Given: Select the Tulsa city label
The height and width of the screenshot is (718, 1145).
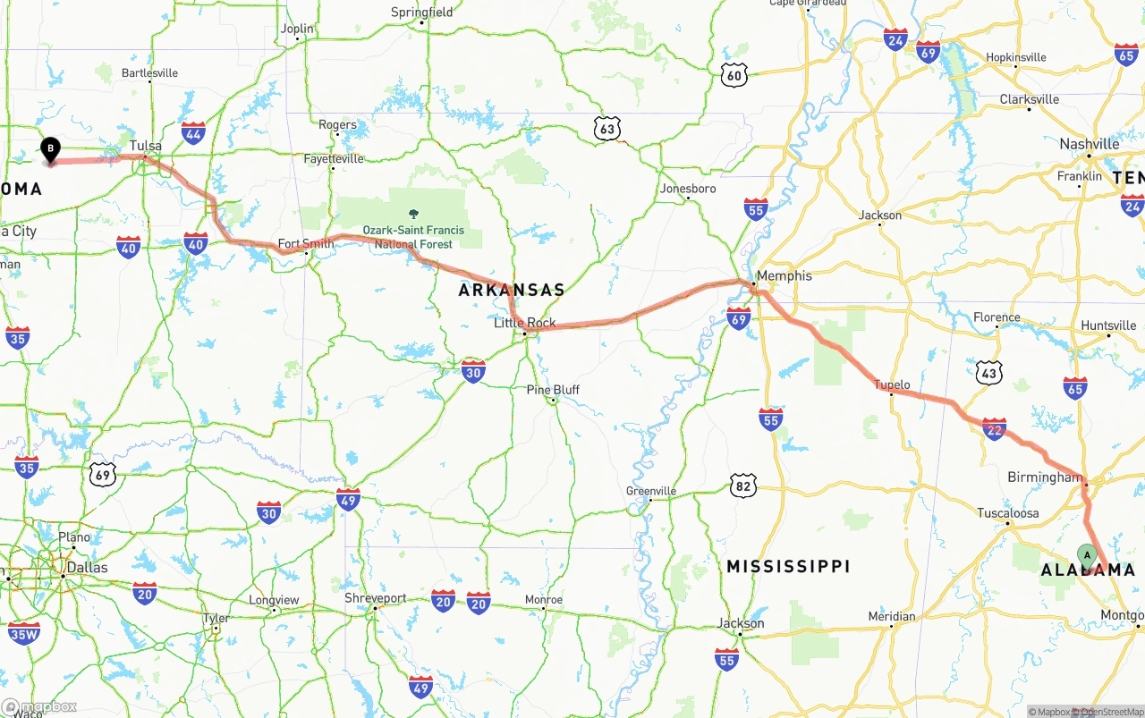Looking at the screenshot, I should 146,146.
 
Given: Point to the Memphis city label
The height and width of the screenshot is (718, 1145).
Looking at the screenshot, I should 785,275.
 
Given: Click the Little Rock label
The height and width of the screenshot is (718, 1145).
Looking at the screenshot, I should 525,323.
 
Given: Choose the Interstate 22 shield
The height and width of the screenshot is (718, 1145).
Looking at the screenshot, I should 994,429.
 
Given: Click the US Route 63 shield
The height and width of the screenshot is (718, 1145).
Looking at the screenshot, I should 607,130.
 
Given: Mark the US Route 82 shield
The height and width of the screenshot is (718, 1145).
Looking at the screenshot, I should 742,486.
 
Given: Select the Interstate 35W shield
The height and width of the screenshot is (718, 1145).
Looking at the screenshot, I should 24,634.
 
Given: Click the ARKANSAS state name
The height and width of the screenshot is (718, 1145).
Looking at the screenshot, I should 512,290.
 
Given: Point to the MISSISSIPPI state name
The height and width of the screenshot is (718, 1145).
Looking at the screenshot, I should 788,566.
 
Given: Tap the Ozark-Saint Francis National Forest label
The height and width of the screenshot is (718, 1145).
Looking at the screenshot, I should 413,237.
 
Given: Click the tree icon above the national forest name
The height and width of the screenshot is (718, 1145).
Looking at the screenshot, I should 413,214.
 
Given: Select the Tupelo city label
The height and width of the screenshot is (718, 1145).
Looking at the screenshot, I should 892,385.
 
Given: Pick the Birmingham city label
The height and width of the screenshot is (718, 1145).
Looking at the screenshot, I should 1045,477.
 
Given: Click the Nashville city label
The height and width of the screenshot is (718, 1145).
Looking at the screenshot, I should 1089,144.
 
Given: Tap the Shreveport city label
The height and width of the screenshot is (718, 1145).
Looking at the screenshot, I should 376,598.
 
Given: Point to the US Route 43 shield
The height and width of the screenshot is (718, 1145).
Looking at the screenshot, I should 988,373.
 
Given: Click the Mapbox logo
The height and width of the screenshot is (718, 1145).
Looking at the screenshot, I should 39,706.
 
